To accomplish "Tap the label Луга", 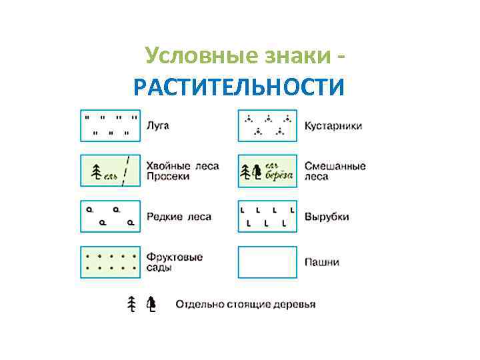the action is click(x=159, y=125).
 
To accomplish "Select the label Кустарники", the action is click(x=333, y=125).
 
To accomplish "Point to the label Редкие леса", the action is click(x=179, y=216).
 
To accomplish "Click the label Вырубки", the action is click(x=327, y=216).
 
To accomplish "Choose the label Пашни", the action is click(x=321, y=262).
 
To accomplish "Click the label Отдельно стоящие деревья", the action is click(x=245, y=305).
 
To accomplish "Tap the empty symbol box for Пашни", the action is click(x=267, y=262).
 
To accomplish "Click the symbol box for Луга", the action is click(x=110, y=125).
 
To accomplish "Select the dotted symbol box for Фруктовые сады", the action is click(x=110, y=262).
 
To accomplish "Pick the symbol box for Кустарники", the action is click(x=267, y=125).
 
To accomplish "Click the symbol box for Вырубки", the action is click(x=267, y=216).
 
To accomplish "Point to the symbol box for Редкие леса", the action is click(x=110, y=216).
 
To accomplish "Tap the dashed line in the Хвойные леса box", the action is click(x=127, y=171).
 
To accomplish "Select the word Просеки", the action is click(x=169, y=177).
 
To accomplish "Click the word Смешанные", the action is click(x=335, y=166).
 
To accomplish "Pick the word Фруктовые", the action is click(x=175, y=257).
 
